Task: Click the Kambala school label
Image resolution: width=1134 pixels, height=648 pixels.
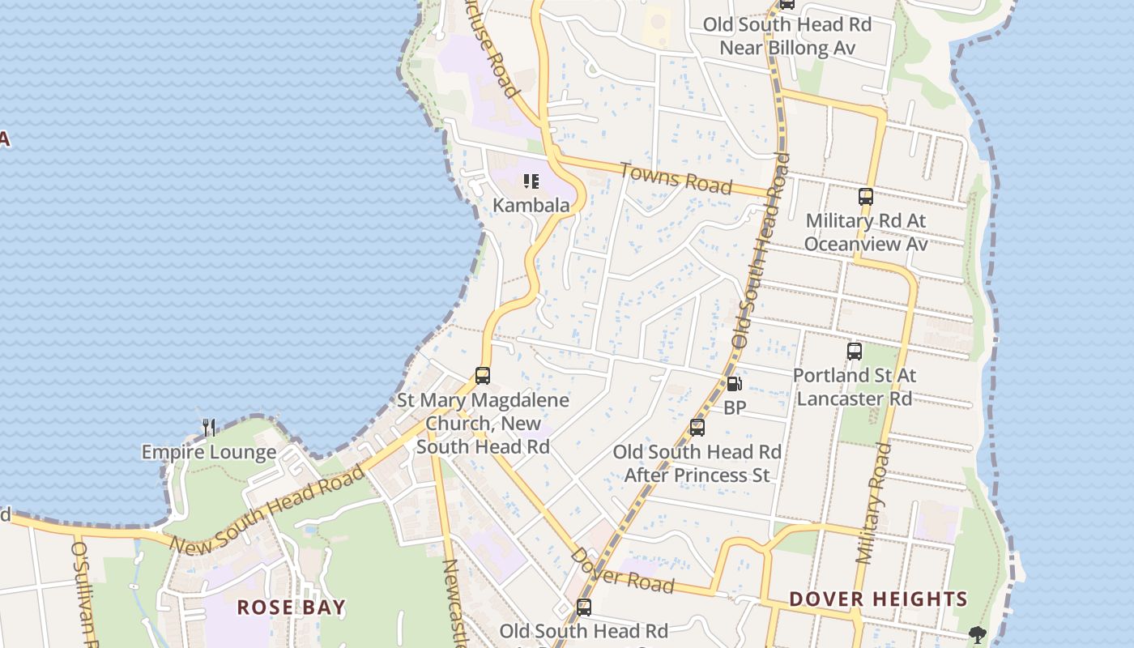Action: (x=531, y=206)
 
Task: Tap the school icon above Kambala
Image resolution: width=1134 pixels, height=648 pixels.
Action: (x=531, y=181)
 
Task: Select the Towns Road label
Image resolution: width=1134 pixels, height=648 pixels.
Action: (x=676, y=178)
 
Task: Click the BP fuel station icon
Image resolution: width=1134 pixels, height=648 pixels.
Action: (x=735, y=384)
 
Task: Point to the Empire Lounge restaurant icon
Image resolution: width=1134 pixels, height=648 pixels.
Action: (x=209, y=428)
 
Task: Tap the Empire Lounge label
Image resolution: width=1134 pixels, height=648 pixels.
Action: (x=209, y=452)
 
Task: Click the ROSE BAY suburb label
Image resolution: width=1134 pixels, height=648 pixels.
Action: (x=291, y=607)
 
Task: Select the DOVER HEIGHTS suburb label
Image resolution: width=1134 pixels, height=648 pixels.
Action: (x=878, y=599)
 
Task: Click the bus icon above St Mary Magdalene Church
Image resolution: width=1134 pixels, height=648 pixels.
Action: (x=483, y=376)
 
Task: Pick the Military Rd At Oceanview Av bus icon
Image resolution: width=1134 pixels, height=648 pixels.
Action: (x=866, y=197)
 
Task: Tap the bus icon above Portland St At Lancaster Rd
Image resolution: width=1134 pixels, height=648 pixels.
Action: (x=855, y=352)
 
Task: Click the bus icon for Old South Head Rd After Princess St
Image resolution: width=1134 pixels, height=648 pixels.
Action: (x=697, y=428)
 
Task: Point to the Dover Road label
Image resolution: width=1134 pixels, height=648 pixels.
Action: (x=622, y=571)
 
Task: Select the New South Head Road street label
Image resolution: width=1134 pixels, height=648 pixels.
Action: (x=267, y=512)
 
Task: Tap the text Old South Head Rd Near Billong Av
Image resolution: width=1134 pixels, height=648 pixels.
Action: (x=787, y=36)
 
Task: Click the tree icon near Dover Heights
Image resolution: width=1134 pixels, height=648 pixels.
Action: (x=978, y=635)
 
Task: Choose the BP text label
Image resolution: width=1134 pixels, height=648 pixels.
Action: (x=735, y=408)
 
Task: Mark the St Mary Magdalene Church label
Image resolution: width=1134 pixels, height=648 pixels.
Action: (x=483, y=423)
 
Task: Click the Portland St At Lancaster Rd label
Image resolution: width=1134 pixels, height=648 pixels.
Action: (x=855, y=387)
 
